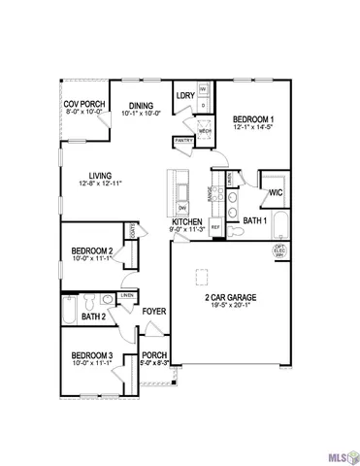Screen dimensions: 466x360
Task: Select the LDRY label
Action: coord(185,95)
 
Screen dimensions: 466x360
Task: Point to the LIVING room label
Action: coord(89,175)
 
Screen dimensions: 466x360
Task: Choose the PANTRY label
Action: coord(183,140)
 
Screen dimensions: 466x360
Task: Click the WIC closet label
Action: coord(276,192)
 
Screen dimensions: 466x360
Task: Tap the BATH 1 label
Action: coord(254,221)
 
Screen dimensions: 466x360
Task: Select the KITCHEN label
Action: coord(186,222)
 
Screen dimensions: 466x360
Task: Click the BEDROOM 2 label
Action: coord(92,250)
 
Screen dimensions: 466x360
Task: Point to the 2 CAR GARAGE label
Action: coord(231,297)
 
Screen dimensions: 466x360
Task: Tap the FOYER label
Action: coord(154,312)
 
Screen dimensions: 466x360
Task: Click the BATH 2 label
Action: coord(93,316)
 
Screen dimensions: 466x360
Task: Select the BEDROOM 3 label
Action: coord(92,355)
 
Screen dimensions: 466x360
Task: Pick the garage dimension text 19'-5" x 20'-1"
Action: coord(231,307)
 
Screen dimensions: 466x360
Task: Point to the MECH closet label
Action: coord(206,130)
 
